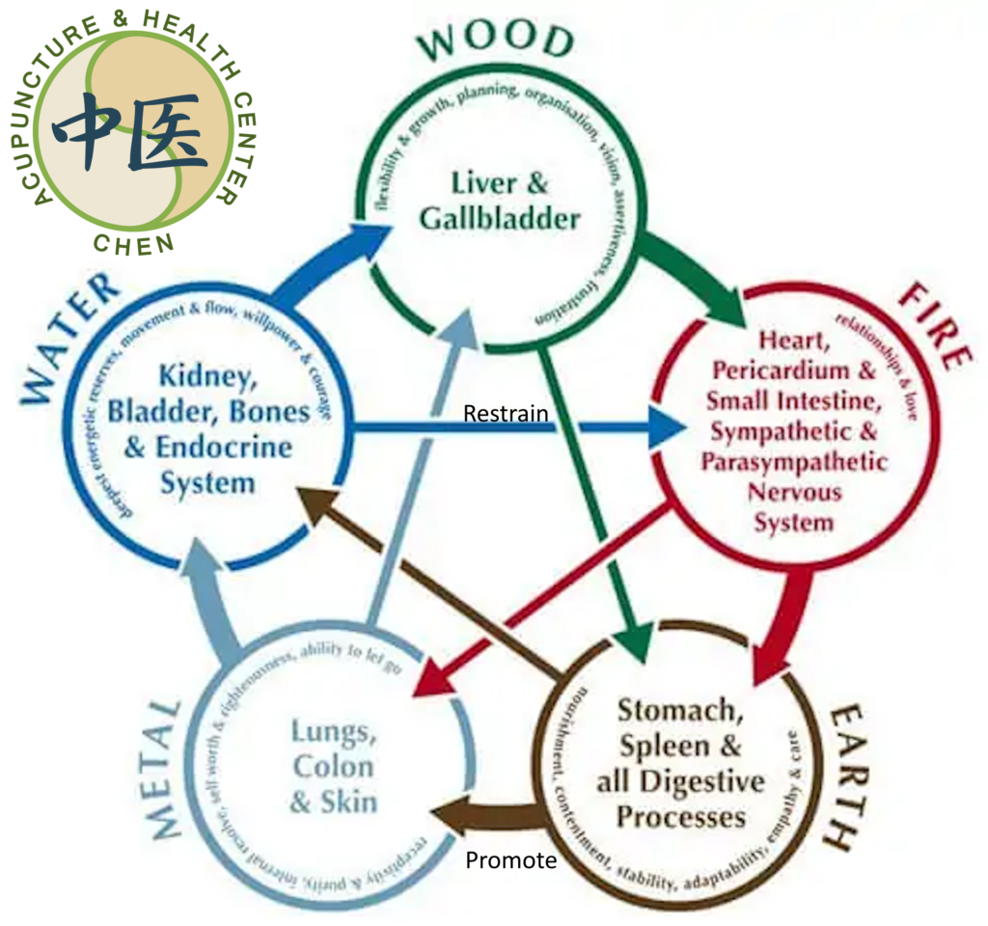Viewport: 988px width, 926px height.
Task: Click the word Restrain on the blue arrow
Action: pyautogui.click(x=506, y=414)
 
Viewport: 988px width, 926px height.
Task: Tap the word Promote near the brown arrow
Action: pyautogui.click(x=511, y=859)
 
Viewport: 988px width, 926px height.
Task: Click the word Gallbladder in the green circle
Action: pyautogui.click(x=500, y=219)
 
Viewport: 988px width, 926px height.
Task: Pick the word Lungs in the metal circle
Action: pyautogui.click(x=331, y=733)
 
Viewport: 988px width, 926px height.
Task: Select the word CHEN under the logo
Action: pyautogui.click(x=134, y=241)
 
